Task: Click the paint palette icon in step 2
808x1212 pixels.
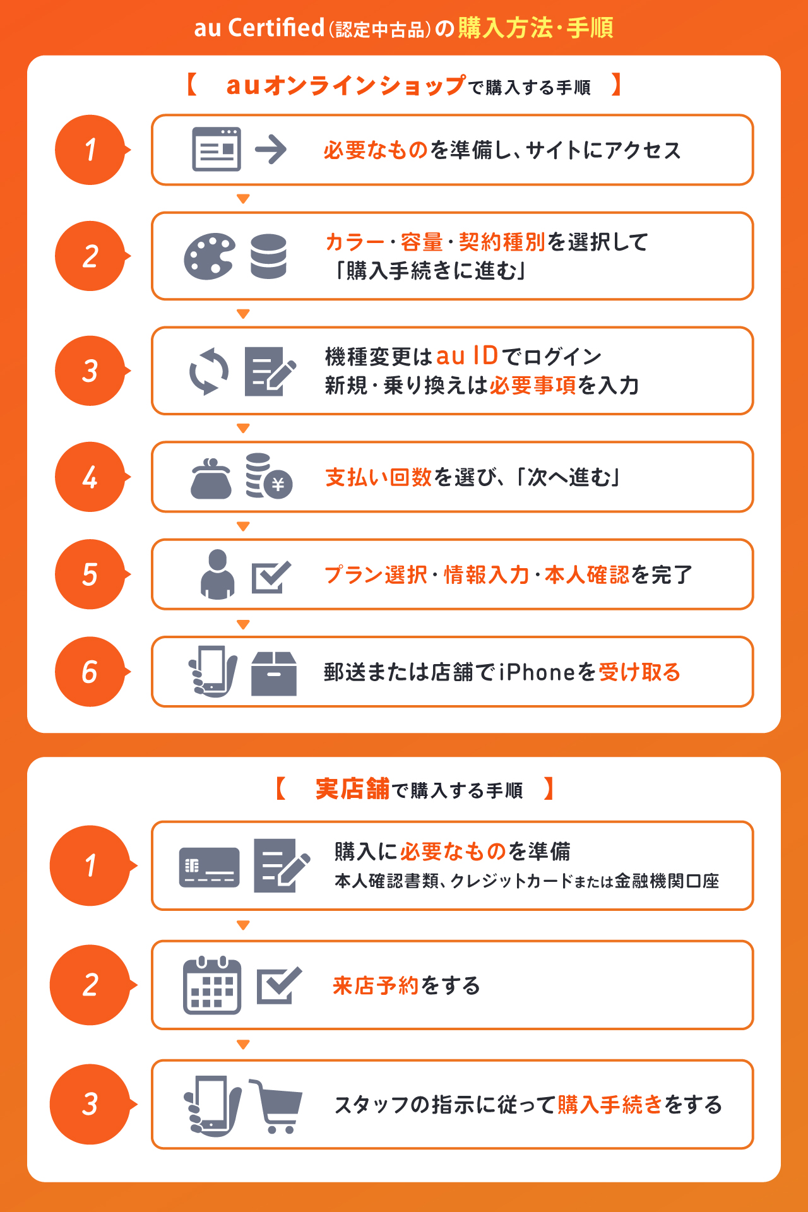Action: (x=210, y=256)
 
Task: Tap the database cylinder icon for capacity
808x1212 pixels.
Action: (x=268, y=256)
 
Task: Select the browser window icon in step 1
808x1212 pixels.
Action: (x=217, y=150)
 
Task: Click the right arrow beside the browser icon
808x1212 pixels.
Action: (x=271, y=150)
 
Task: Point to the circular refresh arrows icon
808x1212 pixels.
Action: (x=209, y=371)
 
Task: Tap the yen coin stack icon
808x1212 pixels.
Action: (x=268, y=477)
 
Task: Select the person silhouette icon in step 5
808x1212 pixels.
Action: (x=217, y=574)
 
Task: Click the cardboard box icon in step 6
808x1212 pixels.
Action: (x=274, y=673)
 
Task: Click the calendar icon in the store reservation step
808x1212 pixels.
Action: (x=212, y=985)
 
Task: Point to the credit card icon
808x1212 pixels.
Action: (x=209, y=867)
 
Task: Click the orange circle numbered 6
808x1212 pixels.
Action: (x=90, y=672)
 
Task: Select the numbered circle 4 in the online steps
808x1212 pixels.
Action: (x=90, y=477)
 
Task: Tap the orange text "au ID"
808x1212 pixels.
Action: (x=467, y=356)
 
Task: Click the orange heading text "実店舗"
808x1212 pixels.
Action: (x=352, y=789)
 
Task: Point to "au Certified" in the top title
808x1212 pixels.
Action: (x=259, y=28)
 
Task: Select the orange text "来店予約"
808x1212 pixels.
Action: (x=376, y=985)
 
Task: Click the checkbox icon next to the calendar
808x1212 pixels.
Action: (x=278, y=985)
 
